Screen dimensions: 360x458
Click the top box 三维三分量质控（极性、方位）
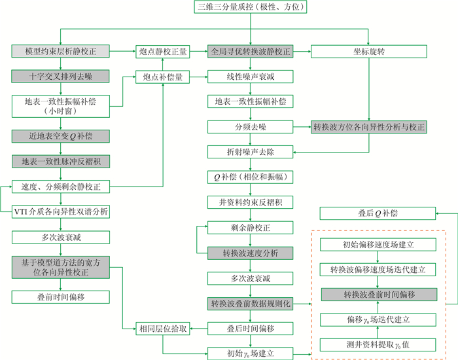pos(250,8)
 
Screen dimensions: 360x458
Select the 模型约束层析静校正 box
pos(60,51)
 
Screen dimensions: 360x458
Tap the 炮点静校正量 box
pos(163,51)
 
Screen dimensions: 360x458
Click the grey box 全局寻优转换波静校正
pos(250,51)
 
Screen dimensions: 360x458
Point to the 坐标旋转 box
pos(370,51)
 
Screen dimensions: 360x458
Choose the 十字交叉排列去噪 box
pos(60,77)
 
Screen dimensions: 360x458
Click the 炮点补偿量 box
pos(163,77)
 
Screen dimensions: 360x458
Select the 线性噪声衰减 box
pos(250,77)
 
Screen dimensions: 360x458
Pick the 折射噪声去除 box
pos(250,152)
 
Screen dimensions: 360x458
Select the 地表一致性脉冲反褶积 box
pos(60,161)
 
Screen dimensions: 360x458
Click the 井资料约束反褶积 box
pos(250,202)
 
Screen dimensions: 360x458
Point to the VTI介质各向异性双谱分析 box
pos(60,211)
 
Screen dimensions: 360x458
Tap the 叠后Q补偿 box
pos(378,213)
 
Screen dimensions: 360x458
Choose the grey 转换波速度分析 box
pos(250,253)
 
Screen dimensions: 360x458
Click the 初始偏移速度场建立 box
pos(378,244)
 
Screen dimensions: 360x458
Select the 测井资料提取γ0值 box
pos(378,344)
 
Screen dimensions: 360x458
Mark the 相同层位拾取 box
pos(163,329)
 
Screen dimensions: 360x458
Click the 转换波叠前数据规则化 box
pos(250,304)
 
